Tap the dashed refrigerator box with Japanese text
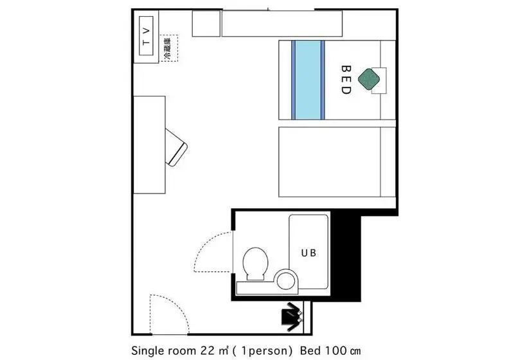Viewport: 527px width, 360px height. (x=169, y=48)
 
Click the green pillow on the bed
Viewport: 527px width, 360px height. (x=369, y=79)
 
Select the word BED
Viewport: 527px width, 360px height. (x=346, y=80)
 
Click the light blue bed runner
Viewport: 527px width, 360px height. (x=308, y=80)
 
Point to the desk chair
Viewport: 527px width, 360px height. (x=176, y=148)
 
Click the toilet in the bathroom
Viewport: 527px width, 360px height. (x=255, y=264)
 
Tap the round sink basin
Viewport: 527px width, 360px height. (x=286, y=281)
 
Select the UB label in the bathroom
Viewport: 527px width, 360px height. (x=308, y=253)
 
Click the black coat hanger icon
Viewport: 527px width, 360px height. (x=292, y=316)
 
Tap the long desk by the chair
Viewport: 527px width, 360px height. (x=150, y=145)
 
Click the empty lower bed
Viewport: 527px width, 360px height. (x=337, y=162)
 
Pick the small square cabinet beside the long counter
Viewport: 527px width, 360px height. (x=206, y=23)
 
